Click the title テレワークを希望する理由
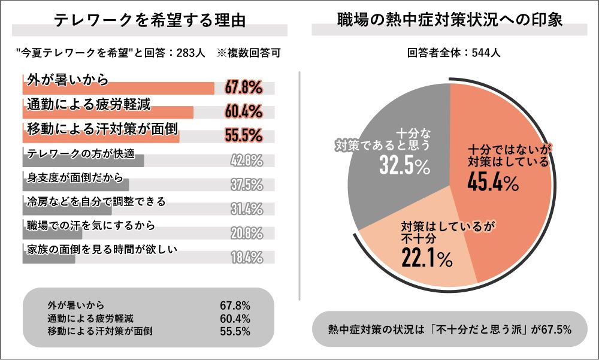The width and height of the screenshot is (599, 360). click(150, 20)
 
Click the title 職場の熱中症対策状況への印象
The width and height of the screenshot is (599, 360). click(450, 19)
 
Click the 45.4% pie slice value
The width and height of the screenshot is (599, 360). click(494, 183)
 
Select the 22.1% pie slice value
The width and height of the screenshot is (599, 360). click(426, 258)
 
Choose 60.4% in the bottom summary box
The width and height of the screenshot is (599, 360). click(235, 318)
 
